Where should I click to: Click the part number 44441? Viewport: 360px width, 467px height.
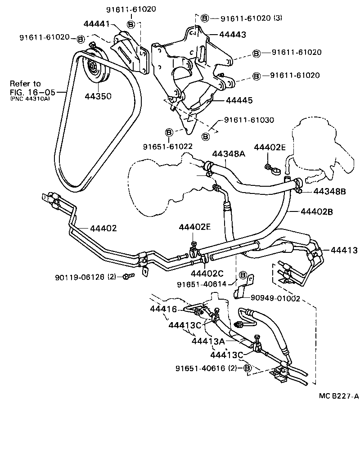pos(97,23)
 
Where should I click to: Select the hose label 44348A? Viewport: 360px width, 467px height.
pos(228,154)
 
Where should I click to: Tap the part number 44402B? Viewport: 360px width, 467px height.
pos(316,211)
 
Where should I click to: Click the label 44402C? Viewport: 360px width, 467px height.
pos(207,273)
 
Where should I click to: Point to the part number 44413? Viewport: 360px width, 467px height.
pos(344,250)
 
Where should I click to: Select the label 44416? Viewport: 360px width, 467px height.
pos(165,309)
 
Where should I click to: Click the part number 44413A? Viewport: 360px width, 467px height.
pos(208,341)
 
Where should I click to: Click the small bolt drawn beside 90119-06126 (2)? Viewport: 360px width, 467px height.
pos(127,276)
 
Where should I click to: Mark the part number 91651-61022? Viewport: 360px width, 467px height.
pos(168,147)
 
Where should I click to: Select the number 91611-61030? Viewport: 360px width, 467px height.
pos(249,120)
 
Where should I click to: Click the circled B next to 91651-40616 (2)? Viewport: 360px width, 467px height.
pos(247,368)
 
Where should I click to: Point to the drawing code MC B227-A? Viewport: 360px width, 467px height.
pos(338,396)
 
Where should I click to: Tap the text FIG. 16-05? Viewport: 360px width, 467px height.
pos(32,92)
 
